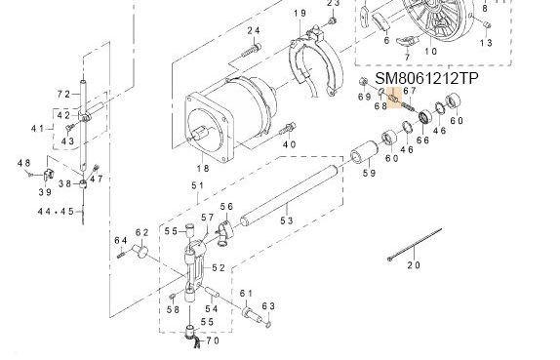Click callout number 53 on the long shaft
tap(286, 220)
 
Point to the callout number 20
tap(413, 264)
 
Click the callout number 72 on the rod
tap(64, 94)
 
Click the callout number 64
tap(121, 240)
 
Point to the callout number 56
tap(226, 207)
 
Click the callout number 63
tap(270, 305)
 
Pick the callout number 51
tap(198, 185)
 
